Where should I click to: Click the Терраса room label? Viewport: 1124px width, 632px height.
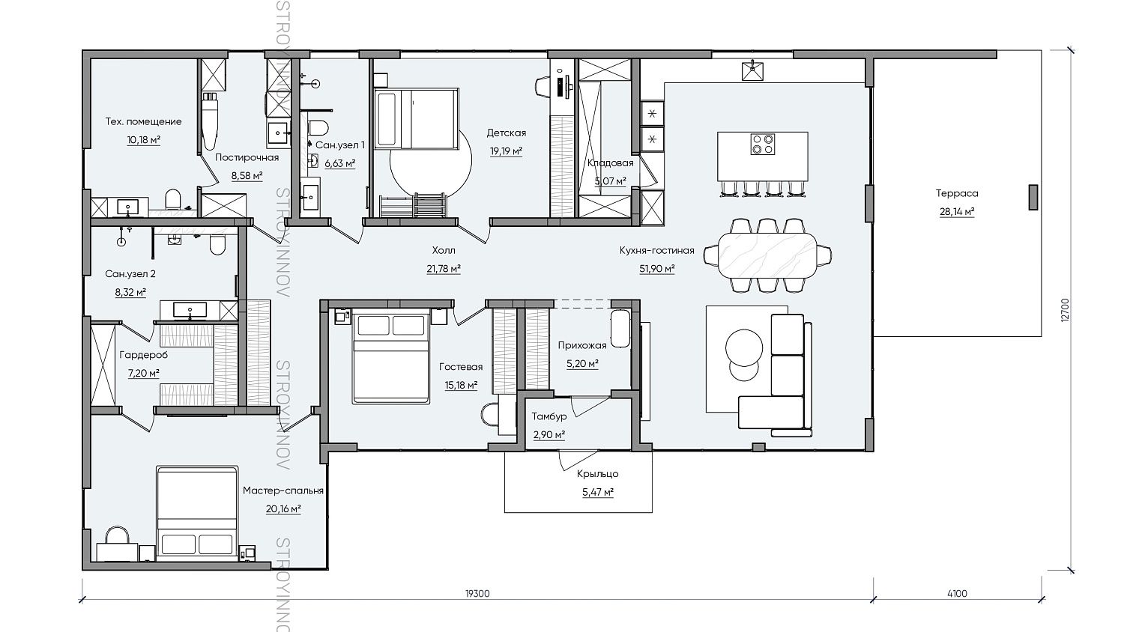956,193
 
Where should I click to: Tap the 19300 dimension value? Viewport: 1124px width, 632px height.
477,594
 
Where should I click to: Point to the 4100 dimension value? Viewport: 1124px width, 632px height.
957,594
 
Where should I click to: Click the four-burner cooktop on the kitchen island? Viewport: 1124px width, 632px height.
762,144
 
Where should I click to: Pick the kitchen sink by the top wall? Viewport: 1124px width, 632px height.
754,70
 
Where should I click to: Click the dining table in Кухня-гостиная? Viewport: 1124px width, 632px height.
767,255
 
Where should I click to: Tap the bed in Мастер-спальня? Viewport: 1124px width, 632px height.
196,513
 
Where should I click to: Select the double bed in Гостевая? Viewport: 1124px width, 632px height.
391,357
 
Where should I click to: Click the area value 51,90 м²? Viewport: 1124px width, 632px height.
656,269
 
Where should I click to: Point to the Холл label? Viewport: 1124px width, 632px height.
444,250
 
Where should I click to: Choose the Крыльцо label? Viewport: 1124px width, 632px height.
597,473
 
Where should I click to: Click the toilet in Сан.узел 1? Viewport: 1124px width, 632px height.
318,127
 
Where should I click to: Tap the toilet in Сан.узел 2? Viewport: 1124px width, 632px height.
217,246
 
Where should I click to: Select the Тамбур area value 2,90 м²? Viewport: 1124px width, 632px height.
549,435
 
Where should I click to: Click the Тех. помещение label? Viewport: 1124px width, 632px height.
144,121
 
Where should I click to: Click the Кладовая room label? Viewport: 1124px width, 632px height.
610,162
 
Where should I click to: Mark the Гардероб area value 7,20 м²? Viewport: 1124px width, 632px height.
144,373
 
